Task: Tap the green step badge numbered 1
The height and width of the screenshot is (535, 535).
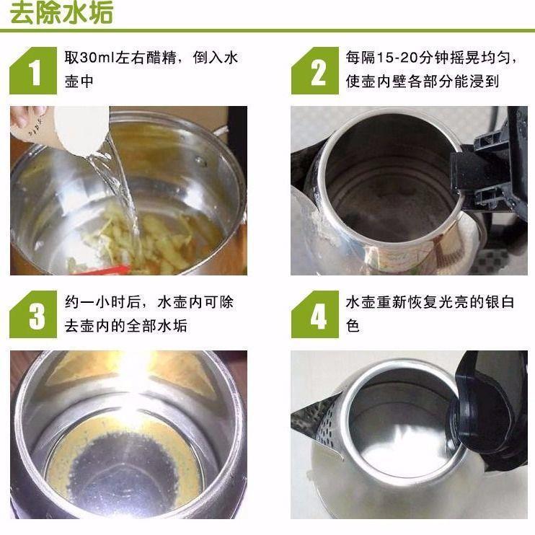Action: coord(33,71)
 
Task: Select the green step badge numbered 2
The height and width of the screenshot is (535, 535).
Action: coord(315,71)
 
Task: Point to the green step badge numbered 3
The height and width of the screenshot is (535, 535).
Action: coord(33,314)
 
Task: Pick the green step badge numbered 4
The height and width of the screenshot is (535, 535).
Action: coord(315,314)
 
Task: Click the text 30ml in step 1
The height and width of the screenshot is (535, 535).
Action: coord(97,58)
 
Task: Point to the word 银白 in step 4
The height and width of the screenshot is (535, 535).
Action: coord(499,302)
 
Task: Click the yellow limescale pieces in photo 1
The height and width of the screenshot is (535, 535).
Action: coord(150,239)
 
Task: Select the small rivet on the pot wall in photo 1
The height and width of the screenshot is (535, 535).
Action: coord(200,161)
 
